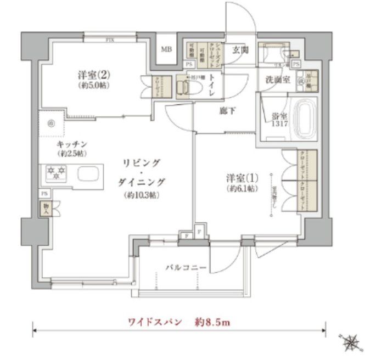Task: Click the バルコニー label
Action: point(186,268)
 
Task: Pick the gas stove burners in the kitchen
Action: point(55,174)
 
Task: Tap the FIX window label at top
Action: point(111,40)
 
